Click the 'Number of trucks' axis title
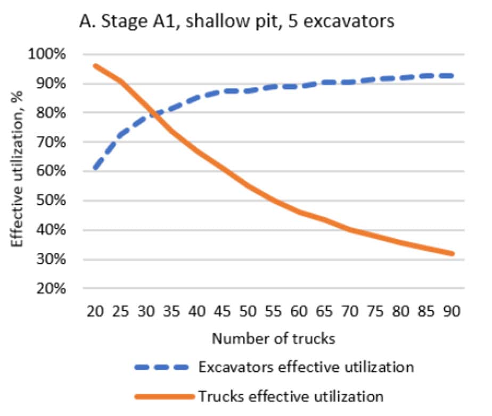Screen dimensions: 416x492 point(273,339)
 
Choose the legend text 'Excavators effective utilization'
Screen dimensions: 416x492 point(306,367)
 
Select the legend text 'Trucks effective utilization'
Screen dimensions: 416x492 point(291,396)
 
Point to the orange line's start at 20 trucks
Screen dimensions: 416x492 point(95,66)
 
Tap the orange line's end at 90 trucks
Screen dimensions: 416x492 point(453,254)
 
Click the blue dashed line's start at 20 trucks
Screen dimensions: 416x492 point(95,168)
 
